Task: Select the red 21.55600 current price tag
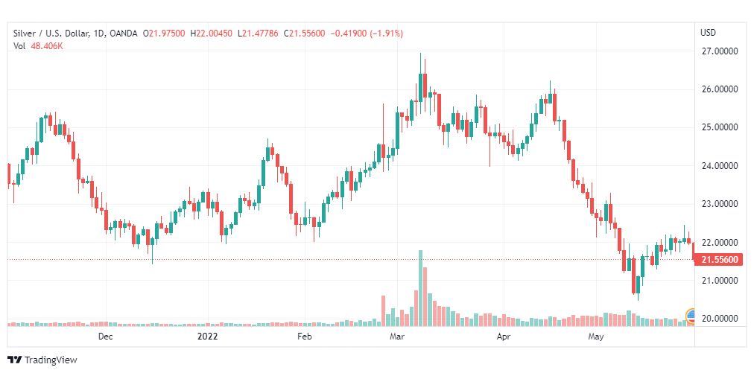719,260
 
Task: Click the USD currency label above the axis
708,33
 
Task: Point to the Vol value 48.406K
46,46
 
